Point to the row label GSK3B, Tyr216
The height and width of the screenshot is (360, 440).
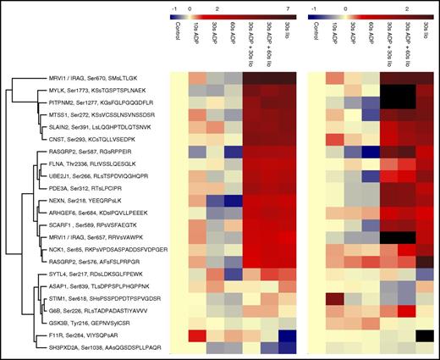(85, 323)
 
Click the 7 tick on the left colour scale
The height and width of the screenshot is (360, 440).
(287, 7)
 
